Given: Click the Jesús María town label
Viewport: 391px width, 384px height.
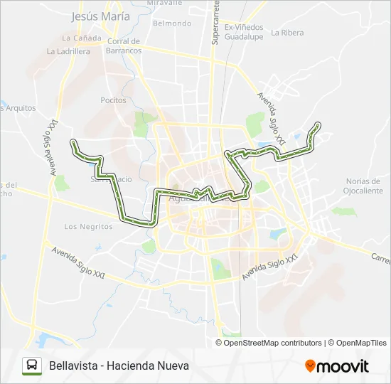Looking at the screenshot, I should (x=101, y=16).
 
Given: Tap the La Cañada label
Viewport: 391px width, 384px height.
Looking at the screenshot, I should (x=78, y=38).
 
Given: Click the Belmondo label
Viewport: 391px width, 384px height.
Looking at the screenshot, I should (x=172, y=23).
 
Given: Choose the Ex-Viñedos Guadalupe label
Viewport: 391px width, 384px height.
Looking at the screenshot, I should (x=244, y=32).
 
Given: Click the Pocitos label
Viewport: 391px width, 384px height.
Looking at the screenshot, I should (x=113, y=100).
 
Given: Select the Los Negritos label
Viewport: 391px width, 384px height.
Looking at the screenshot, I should (x=88, y=227).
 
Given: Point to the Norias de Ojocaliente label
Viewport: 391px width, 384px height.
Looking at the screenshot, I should (x=363, y=186).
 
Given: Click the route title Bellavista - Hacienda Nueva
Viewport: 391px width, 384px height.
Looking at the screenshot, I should (x=119, y=366).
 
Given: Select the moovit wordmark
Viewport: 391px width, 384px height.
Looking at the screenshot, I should (x=343, y=366).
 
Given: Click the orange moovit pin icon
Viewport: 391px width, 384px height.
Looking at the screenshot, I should (x=310, y=366).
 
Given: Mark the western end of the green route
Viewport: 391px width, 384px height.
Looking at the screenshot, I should (x=73, y=143).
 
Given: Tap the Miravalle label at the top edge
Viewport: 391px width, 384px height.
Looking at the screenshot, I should (x=165, y=3).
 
